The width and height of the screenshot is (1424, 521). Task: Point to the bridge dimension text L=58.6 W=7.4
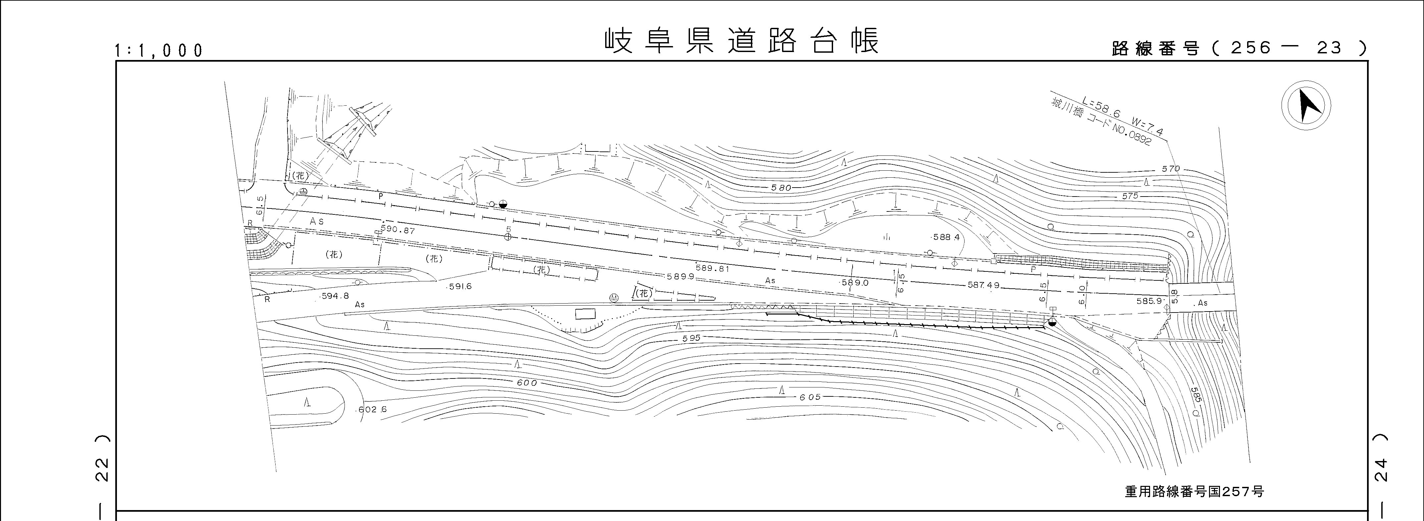click(1123, 116)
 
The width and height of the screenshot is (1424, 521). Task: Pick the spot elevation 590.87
click(397, 230)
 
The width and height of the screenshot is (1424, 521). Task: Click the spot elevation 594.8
click(335, 296)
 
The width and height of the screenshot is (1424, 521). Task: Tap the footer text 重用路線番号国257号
click(1194, 491)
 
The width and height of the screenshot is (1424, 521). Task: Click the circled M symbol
click(613, 298)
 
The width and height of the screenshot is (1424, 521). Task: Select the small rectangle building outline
click(585, 314)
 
